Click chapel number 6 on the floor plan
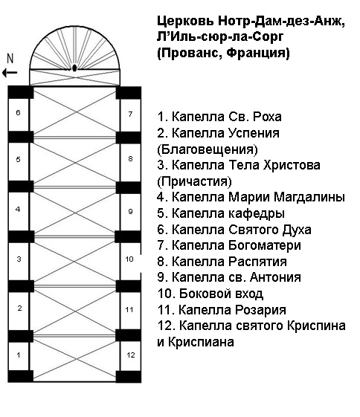coord(18,115)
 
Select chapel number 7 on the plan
coord(130,115)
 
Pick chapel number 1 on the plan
coord(18,356)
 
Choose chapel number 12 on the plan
coord(130,356)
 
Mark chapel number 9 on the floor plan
coord(130,212)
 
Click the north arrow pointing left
coord(10,72)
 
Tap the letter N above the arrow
coord(10,59)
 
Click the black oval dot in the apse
coord(74,68)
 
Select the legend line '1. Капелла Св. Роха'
coord(219,117)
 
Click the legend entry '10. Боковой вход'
coord(210,294)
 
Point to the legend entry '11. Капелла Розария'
coord(222,310)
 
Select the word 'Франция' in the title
coord(258,53)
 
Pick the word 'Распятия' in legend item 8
coord(258,262)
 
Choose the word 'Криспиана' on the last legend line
coord(201,342)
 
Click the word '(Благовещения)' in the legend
coord(208,149)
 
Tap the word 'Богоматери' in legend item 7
coord(265,246)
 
